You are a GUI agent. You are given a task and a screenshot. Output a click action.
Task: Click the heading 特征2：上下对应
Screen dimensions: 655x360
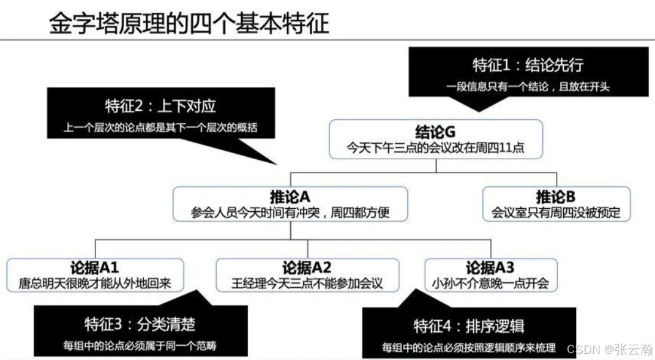[160, 106]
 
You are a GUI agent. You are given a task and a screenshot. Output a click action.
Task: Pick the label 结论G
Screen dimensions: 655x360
[436, 132]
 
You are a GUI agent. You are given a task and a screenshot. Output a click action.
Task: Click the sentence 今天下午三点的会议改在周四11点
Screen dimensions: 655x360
[436, 148]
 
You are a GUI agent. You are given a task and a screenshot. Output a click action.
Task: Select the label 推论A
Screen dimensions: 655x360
[290, 197]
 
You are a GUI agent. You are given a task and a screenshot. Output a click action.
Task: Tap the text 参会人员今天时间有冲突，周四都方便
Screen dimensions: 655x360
[290, 213]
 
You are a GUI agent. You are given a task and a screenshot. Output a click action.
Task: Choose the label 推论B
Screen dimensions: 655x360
[556, 197]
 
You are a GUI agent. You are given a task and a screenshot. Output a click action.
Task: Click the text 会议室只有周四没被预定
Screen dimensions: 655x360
[556, 213]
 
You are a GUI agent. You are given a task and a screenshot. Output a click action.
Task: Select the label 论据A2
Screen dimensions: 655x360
[307, 268]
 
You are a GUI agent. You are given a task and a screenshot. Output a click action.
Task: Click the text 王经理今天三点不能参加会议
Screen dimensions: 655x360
[307, 283]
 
